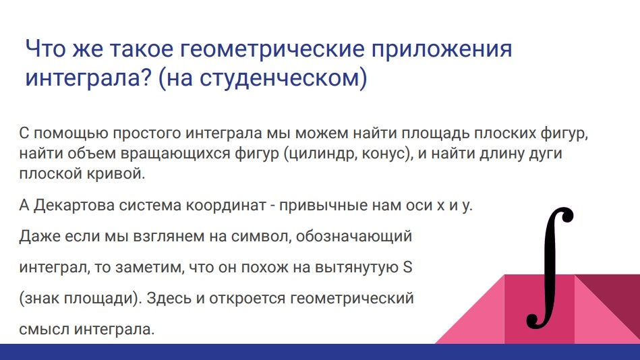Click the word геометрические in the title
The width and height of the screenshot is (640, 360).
tap(271, 49)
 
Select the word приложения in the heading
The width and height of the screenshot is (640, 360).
tap(442, 49)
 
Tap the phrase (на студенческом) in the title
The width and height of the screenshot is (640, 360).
tap(262, 78)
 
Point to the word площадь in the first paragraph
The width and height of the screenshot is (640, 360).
tap(435, 134)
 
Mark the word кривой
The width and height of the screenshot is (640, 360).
tap(116, 174)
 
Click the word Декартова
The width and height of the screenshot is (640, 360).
tap(74, 205)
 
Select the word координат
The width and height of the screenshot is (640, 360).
tap(226, 205)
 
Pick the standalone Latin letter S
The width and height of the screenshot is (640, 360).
tap(407, 268)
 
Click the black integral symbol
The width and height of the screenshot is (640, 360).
tap(550, 268)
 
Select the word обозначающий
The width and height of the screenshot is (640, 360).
tap(354, 237)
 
